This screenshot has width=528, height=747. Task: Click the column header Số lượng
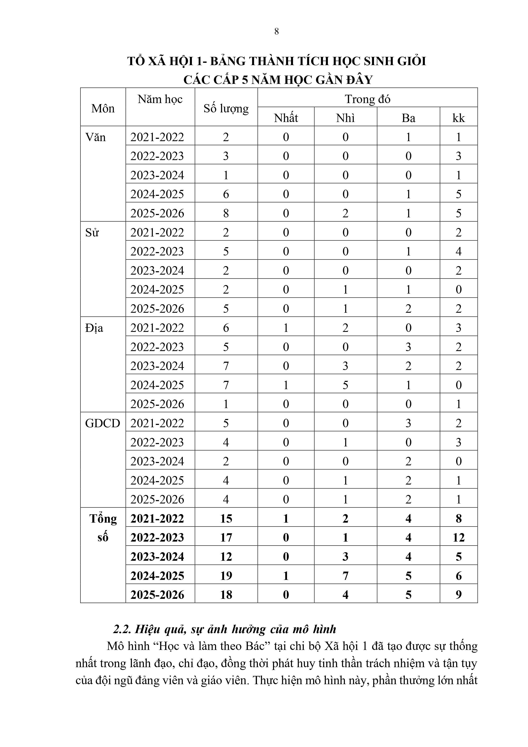[x=226, y=108]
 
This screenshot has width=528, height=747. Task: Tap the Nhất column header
[x=286, y=118]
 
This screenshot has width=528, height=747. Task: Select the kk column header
[x=458, y=118]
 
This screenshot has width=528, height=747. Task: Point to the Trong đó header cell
[x=367, y=99]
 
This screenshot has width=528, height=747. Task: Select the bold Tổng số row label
[x=103, y=528]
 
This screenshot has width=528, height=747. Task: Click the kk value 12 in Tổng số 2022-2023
[x=458, y=538]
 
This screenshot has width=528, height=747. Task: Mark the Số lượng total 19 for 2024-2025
[x=226, y=576]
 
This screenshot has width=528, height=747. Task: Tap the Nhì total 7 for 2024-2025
[x=345, y=576]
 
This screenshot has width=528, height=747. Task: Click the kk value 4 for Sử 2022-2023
[x=458, y=251]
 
